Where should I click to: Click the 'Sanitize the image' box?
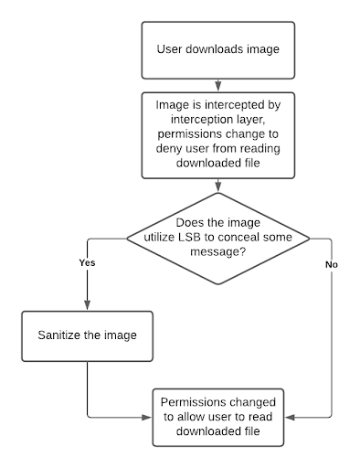coord(87,335)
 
